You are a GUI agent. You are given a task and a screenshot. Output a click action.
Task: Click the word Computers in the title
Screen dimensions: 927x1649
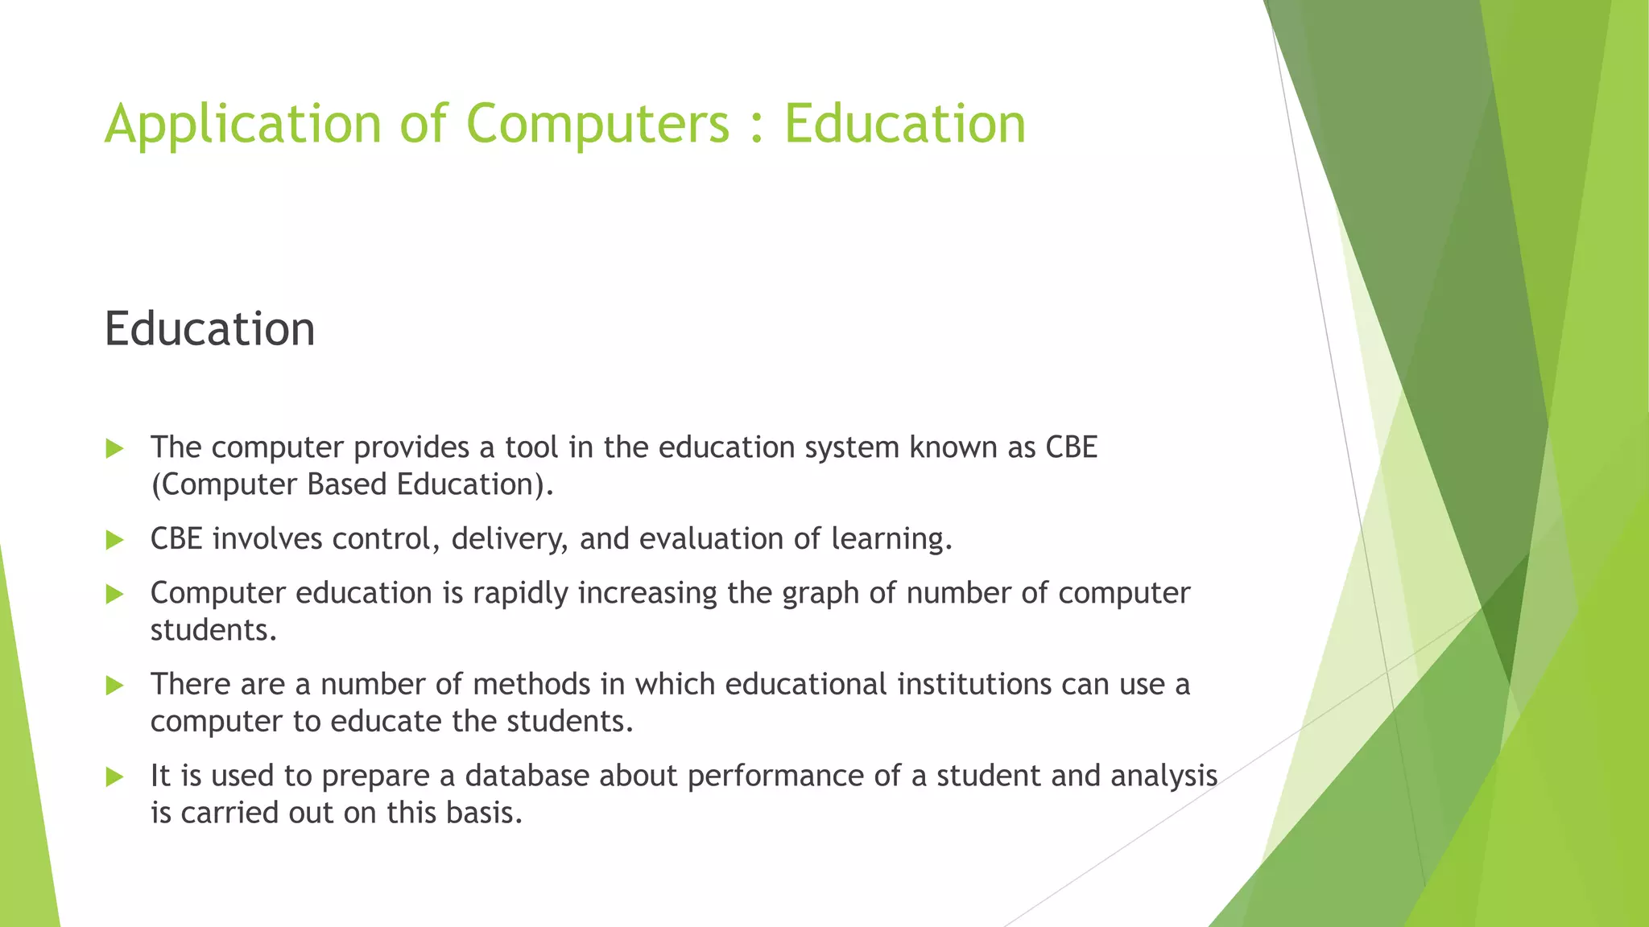(598, 125)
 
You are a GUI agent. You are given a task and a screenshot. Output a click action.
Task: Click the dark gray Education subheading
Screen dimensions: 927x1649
(209, 329)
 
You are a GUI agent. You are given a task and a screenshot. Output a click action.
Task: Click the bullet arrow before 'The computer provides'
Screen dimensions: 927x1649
(114, 449)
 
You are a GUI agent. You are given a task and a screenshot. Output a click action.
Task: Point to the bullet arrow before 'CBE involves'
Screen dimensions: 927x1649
(114, 540)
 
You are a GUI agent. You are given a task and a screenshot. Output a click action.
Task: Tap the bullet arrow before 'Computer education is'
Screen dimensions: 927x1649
(114, 595)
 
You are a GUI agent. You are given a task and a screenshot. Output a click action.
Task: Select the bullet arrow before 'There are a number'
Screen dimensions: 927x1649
(114, 686)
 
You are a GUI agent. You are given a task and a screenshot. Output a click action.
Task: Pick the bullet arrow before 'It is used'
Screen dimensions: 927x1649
(114, 777)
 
